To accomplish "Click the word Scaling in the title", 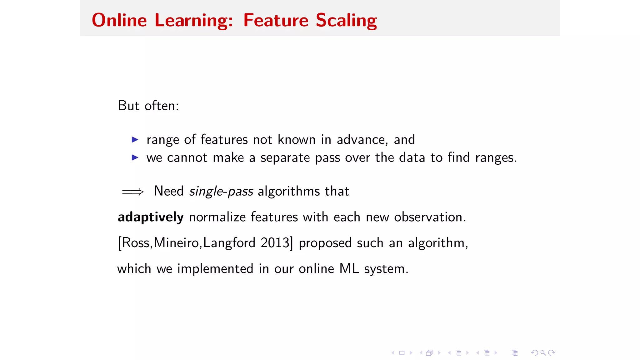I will click(346, 21).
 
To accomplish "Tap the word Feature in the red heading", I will click(276, 21).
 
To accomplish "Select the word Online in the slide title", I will click(119, 21).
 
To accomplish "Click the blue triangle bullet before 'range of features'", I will click(135, 139).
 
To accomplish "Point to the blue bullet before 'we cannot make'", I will click(135, 157).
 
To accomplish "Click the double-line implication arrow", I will click(133, 192).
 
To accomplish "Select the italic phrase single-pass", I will click(221, 191).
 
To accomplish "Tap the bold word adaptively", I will click(151, 217).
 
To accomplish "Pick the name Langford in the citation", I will click(229, 243).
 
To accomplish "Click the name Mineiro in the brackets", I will click(176, 243).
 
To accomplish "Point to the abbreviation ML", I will click(349, 269).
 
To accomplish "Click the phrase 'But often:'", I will click(148, 106).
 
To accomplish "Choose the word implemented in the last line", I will click(215, 269).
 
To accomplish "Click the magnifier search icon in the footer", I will click(543, 353).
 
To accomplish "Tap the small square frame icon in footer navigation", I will click(402, 353).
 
